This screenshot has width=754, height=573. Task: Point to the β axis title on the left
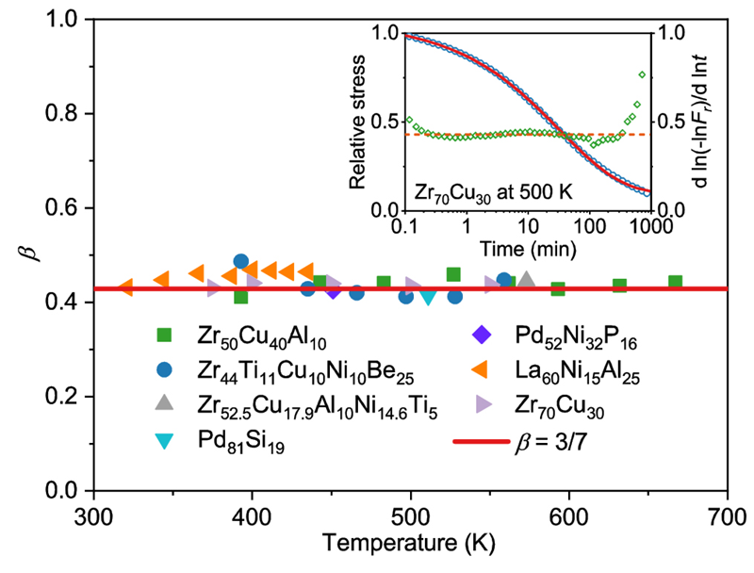[x=28, y=254]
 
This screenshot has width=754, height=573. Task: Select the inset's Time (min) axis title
[x=524, y=252]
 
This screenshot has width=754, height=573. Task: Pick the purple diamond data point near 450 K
[x=333, y=289]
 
